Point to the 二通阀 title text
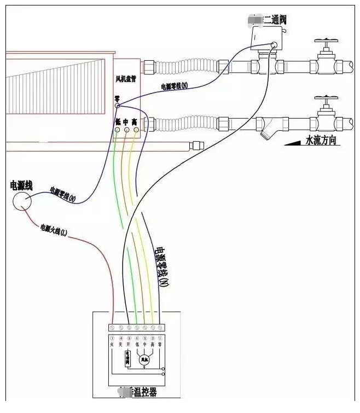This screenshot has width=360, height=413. point(275,20)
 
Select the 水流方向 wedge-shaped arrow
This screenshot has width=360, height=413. point(294,143)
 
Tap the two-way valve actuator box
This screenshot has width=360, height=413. point(264,39)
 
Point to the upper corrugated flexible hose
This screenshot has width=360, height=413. point(185,67)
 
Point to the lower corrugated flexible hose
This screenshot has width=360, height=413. point(185,123)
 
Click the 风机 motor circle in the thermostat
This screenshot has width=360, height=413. point(144,359)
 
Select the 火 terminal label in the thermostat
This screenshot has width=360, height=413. point(113,345)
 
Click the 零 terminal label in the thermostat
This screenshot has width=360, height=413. point(159,345)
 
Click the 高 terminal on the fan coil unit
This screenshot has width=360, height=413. point(135,122)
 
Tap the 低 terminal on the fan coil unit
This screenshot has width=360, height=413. point(118,122)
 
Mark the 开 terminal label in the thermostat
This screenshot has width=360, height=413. point(129,345)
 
